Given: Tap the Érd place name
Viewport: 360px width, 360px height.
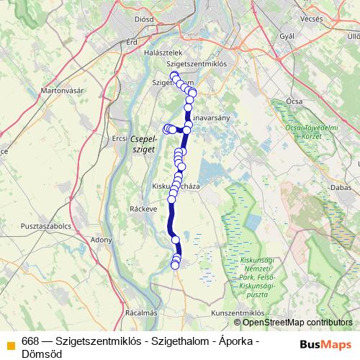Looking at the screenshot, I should click(132, 42).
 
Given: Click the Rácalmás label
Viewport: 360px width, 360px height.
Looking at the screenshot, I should click(140, 313).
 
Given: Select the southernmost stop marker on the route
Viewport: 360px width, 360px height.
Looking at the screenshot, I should click(174, 266).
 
